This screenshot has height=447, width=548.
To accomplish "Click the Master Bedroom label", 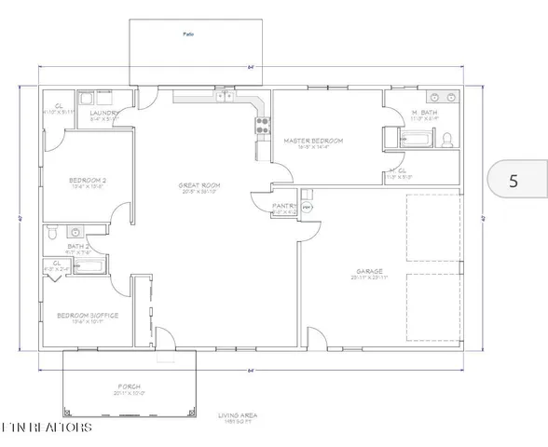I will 313,141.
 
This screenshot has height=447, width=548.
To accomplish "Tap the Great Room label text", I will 197,185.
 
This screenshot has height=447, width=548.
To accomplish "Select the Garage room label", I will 356,272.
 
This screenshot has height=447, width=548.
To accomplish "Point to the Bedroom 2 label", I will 85,180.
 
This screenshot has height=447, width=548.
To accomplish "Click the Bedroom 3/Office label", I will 88,315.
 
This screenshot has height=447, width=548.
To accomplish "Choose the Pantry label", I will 284,206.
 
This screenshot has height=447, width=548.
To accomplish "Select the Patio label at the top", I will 186,34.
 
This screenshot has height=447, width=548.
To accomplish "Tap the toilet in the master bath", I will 446,140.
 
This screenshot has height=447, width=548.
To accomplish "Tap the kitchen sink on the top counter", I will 225,95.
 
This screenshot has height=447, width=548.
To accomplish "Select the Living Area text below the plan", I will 239,415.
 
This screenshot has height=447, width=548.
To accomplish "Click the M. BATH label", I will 425,114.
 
